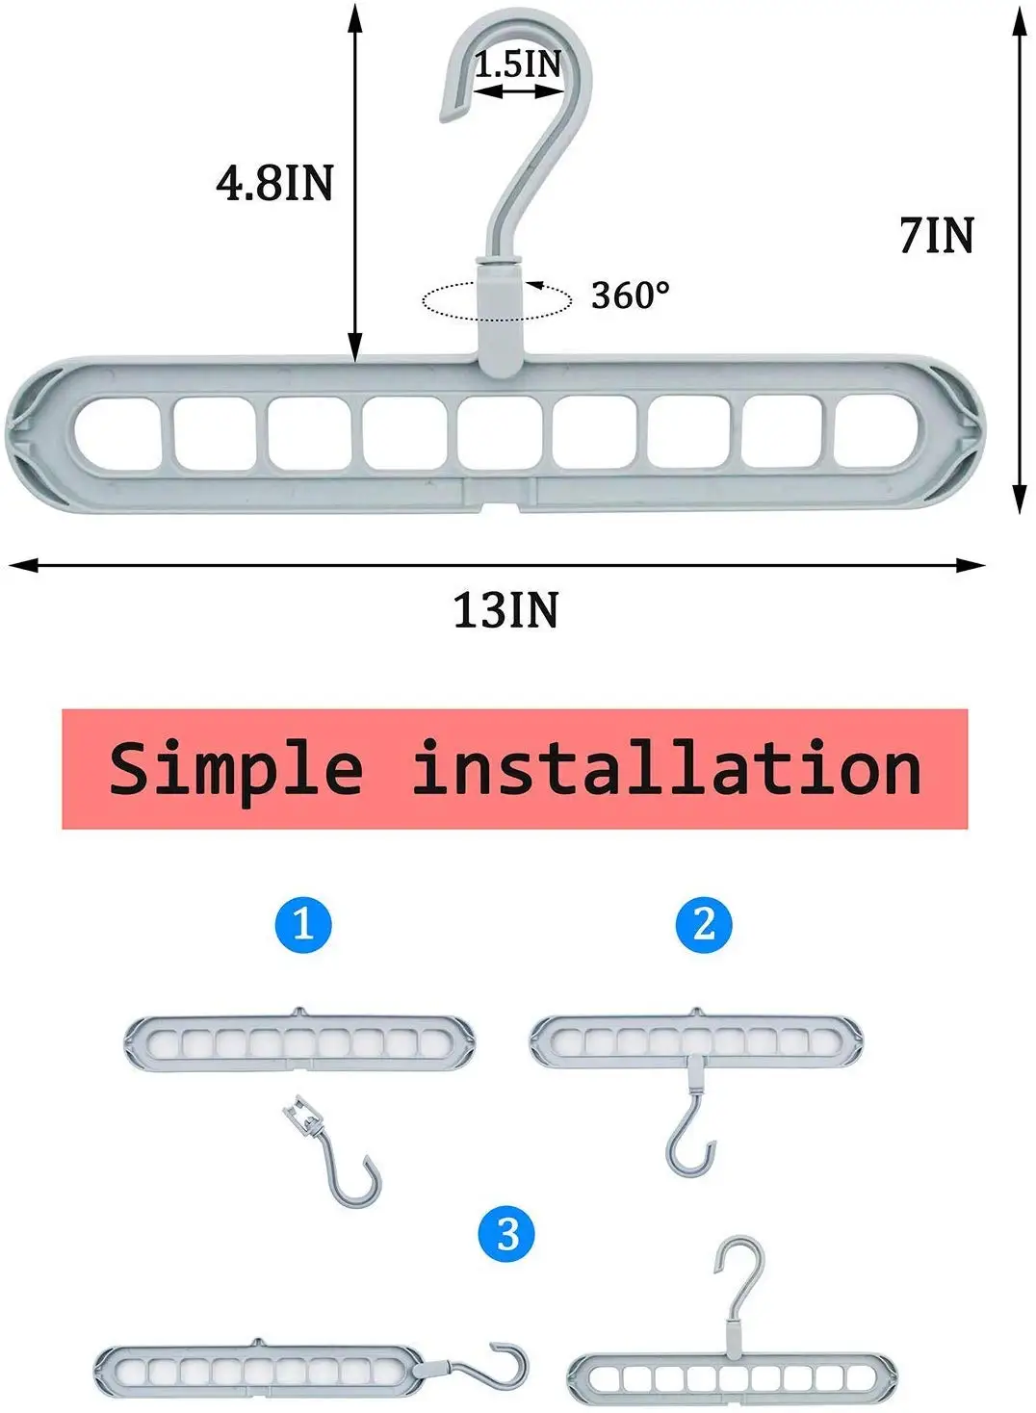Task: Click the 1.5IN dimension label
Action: [517, 64]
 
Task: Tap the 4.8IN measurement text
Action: [274, 182]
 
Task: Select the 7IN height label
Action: [936, 236]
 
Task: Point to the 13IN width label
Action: [505, 610]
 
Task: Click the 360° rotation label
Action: [630, 295]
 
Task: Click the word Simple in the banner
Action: [236, 769]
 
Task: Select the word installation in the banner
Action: [666, 769]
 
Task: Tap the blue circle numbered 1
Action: [303, 924]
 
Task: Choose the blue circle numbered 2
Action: [704, 924]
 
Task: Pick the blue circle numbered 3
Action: [507, 1234]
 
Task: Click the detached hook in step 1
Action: [342, 1160]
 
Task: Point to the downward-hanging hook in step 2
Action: [690, 1136]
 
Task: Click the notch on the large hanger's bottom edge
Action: [501, 500]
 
